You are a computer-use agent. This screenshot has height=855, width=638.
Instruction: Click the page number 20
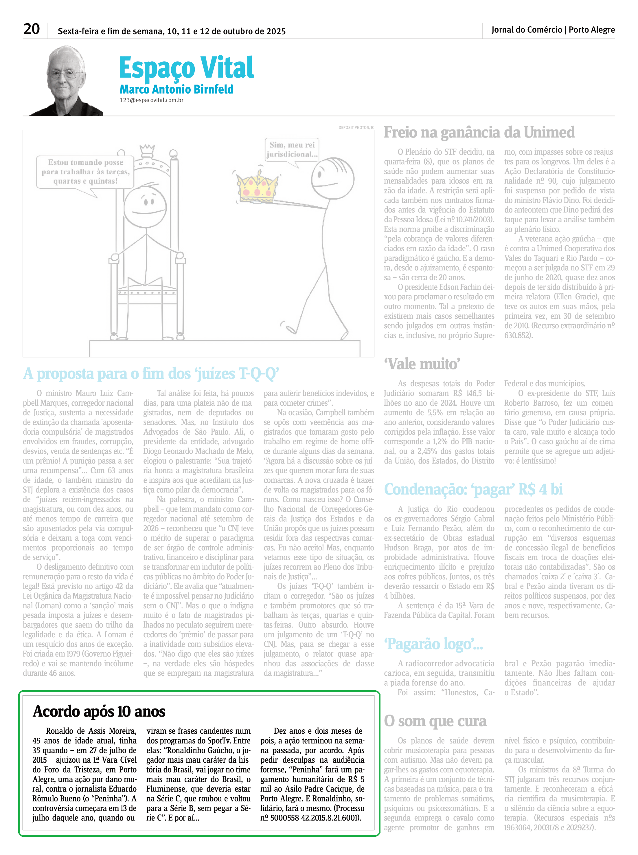coord(32,29)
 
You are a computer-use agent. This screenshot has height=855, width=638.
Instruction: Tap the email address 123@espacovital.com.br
coord(151,100)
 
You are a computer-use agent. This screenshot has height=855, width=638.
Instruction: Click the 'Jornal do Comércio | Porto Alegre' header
coord(553,30)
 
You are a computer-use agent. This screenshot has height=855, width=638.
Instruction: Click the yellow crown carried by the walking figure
coord(257,187)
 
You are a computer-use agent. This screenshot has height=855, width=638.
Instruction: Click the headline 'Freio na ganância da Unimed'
coord(479,133)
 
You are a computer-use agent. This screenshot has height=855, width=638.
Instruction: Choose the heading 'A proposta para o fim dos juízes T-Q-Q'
coord(151,374)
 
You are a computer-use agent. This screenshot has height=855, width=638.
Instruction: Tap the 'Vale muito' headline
coord(422,364)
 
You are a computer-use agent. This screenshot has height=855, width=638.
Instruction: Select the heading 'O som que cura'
coord(435,721)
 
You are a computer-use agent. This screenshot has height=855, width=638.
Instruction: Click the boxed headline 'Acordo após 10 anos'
coord(99,711)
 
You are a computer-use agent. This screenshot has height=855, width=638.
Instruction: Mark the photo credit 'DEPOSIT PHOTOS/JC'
coord(356,127)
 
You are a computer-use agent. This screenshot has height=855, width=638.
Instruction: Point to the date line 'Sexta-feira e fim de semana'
coord(172,31)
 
